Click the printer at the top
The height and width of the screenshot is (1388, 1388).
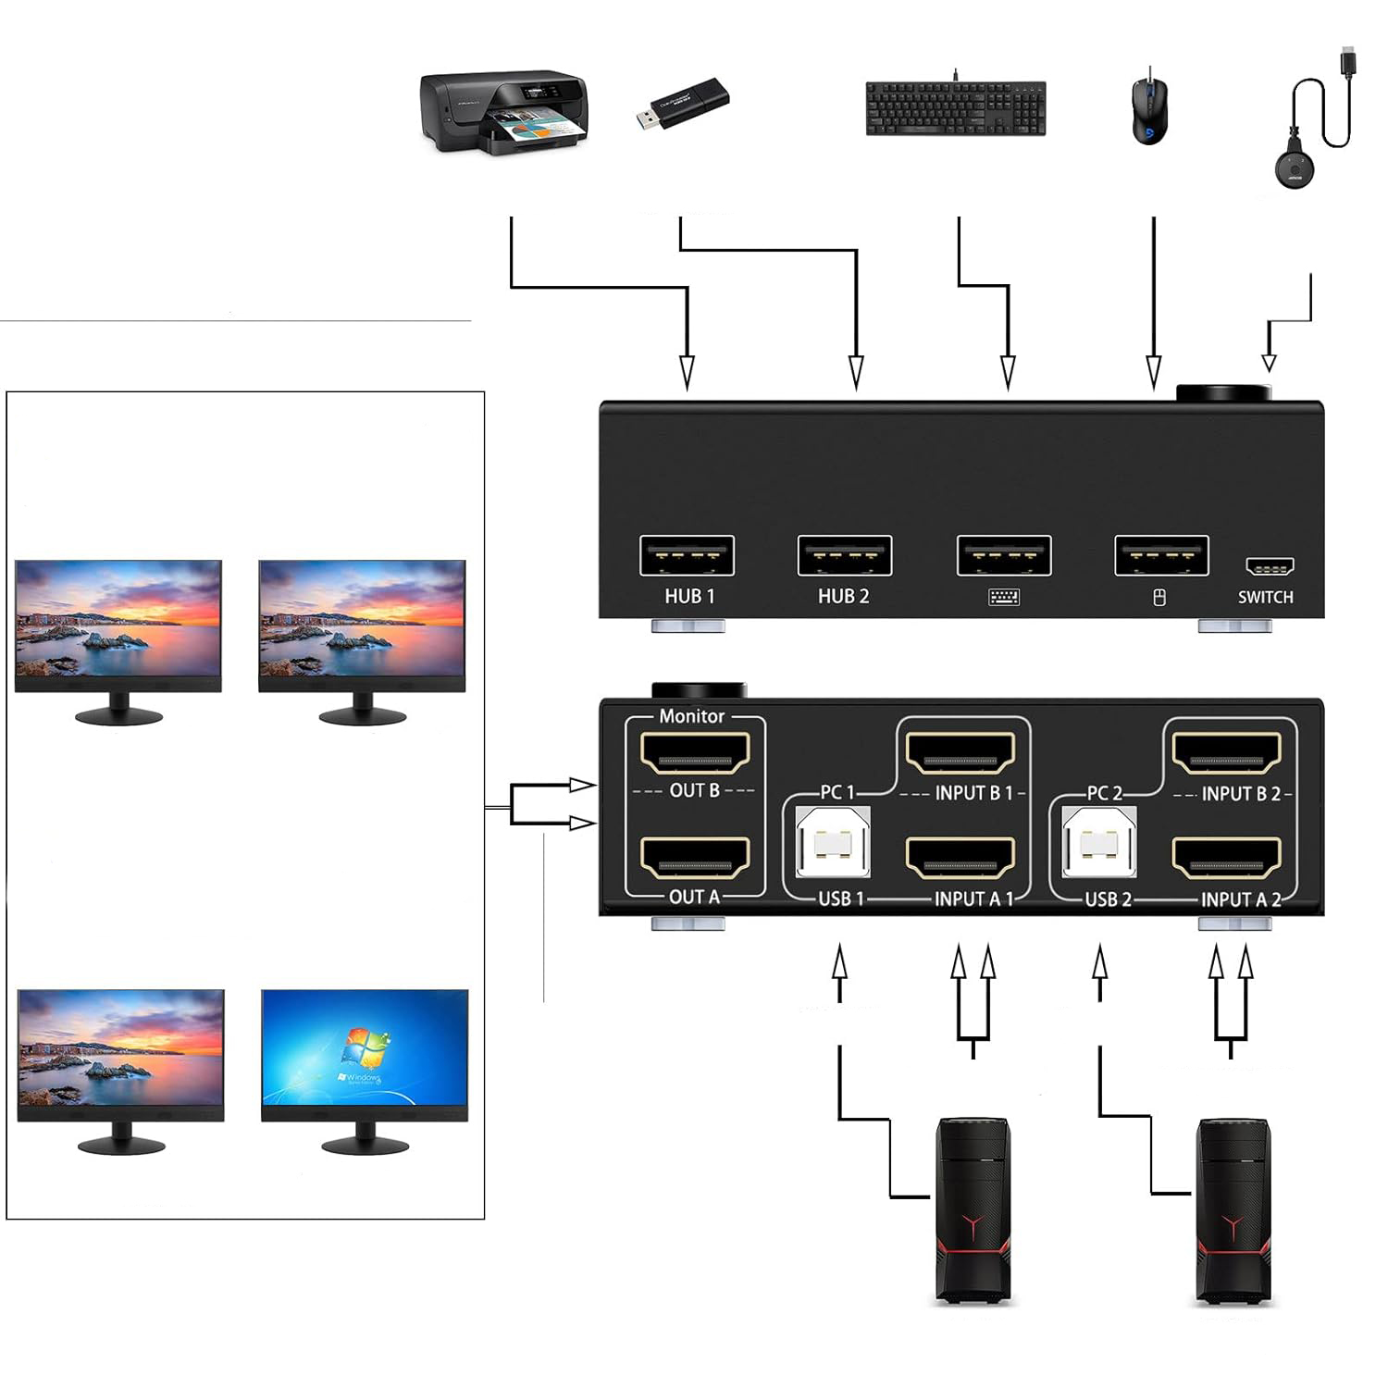[504, 112]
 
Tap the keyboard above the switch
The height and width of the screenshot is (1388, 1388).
[955, 108]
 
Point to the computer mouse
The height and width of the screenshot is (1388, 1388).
[1149, 110]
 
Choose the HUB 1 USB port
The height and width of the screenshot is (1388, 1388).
[687, 556]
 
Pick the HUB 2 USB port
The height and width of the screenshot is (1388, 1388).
[844, 556]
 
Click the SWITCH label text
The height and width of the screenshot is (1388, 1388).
[1265, 597]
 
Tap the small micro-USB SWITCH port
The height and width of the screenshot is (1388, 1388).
[1269, 565]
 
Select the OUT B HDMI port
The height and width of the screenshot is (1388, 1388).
[695, 752]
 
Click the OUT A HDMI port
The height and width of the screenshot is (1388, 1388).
[695, 858]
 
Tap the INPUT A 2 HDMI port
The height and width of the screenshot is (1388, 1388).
[1227, 858]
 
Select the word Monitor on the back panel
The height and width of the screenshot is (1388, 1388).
[691, 716]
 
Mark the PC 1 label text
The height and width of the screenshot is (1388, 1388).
[837, 792]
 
